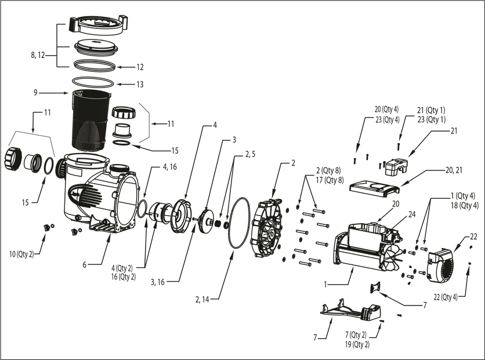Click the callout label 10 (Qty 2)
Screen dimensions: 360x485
(21, 253)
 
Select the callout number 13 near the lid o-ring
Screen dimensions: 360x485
(140, 85)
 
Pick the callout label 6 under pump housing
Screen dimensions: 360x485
(84, 265)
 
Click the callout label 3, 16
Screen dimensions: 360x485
(158, 282)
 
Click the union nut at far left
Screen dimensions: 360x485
(13, 155)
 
